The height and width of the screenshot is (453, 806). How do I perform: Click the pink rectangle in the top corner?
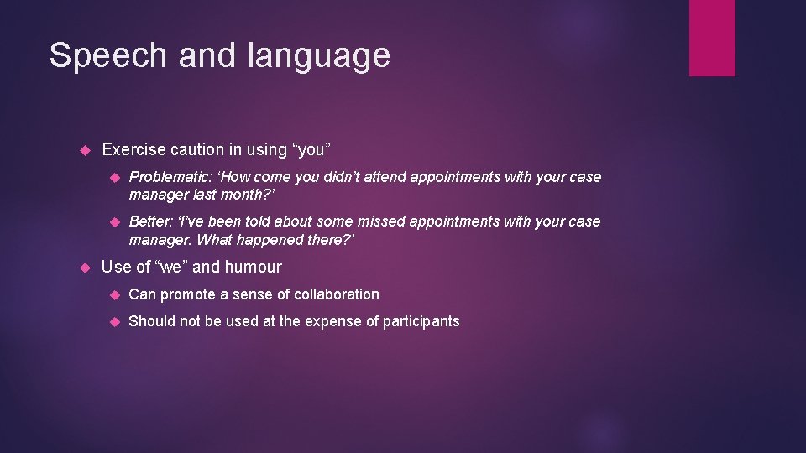point(712,38)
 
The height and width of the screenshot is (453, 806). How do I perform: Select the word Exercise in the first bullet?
point(133,149)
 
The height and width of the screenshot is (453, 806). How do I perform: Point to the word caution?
point(197,149)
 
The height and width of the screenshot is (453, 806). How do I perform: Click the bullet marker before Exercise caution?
point(83,150)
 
